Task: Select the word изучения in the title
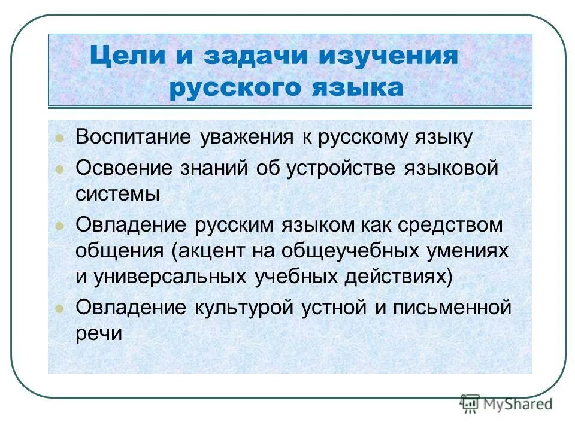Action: [x=388, y=57]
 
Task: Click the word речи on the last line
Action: [x=99, y=334]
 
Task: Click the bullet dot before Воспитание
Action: [x=59, y=139]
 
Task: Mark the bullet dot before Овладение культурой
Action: [x=59, y=309]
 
